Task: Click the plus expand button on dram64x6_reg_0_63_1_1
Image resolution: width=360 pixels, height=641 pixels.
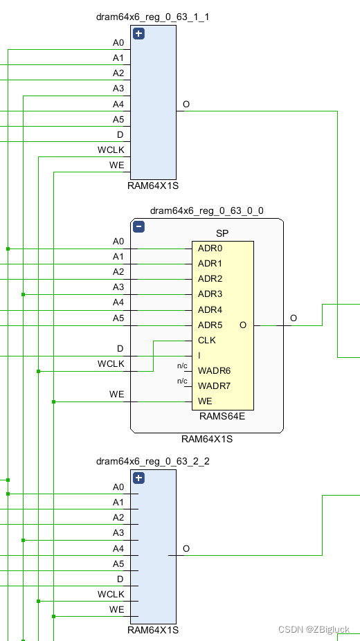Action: pyautogui.click(x=138, y=33)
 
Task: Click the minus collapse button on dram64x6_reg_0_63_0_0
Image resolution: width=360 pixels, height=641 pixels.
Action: pyautogui.click(x=138, y=226)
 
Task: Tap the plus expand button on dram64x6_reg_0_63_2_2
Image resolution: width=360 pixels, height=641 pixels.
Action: pyautogui.click(x=138, y=478)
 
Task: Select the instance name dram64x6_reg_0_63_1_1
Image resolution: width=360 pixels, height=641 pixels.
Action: pyautogui.click(x=152, y=17)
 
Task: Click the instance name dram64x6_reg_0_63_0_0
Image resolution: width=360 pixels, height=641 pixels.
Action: pyautogui.click(x=207, y=210)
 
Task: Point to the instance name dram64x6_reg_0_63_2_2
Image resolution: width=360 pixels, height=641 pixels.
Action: pyautogui.click(x=152, y=461)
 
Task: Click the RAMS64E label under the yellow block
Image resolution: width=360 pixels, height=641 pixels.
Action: pyautogui.click(x=222, y=416)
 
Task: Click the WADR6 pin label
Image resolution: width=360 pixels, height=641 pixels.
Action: pyautogui.click(x=213, y=370)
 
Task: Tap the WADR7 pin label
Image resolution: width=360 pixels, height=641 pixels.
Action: pyautogui.click(x=213, y=386)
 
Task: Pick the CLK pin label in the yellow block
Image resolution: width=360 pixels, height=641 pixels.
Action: pyautogui.click(x=207, y=340)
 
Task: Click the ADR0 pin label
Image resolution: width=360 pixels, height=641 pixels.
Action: pyautogui.click(x=210, y=249)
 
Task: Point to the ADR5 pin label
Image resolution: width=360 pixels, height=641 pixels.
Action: pyautogui.click(x=210, y=325)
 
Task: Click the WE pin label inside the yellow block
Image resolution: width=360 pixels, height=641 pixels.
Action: pyautogui.click(x=205, y=401)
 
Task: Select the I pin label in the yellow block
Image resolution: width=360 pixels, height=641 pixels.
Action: pyautogui.click(x=199, y=355)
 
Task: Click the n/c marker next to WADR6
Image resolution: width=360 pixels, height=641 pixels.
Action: pyautogui.click(x=183, y=366)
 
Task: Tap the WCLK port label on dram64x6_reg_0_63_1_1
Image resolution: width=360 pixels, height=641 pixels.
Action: pyautogui.click(x=111, y=150)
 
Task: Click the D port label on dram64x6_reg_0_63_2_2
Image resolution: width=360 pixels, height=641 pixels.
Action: pyautogui.click(x=120, y=579)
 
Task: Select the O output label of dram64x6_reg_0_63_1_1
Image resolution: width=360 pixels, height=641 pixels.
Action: pyautogui.click(x=186, y=105)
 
